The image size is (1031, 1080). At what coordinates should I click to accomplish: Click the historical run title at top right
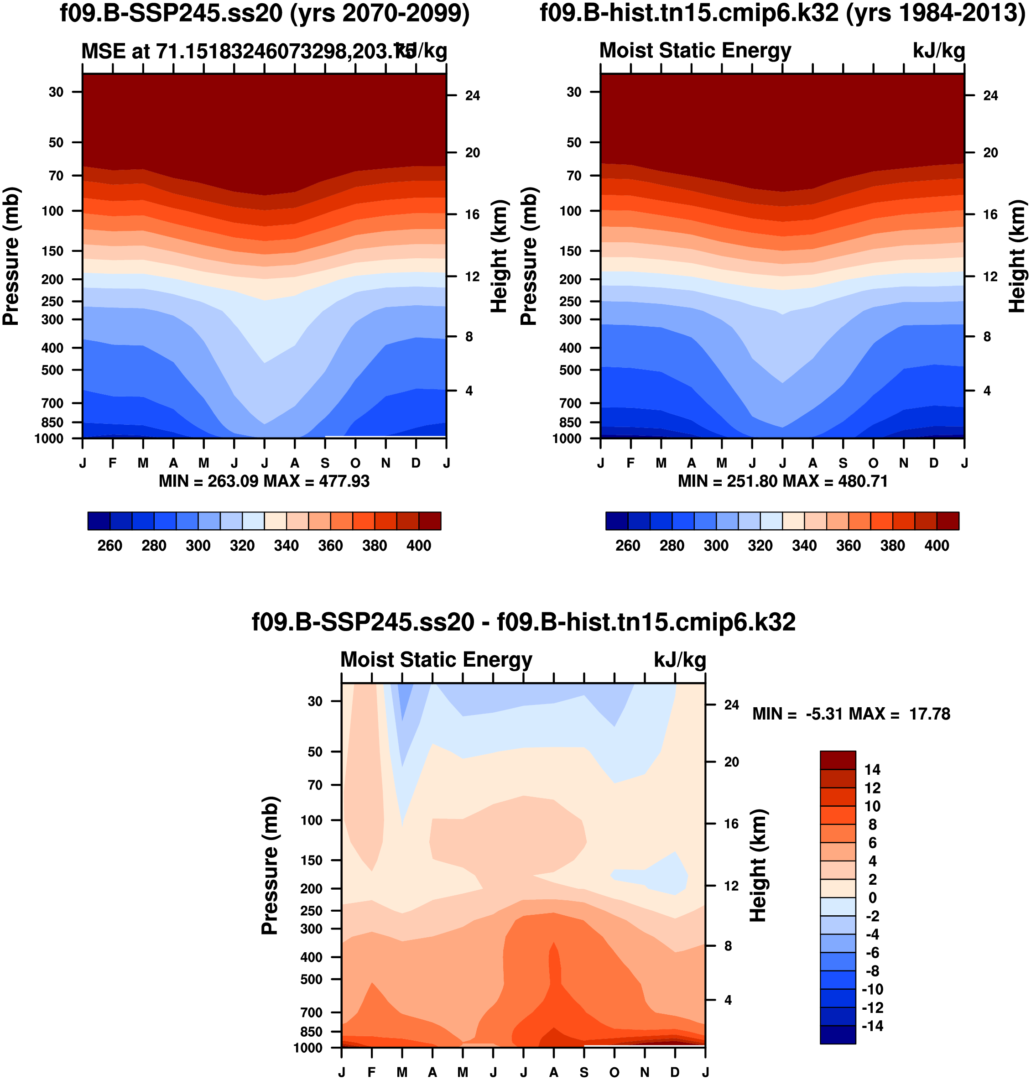(782, 13)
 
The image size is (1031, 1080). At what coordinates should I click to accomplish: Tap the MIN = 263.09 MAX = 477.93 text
(264, 481)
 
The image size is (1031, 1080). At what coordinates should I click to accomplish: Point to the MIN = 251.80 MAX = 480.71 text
(782, 481)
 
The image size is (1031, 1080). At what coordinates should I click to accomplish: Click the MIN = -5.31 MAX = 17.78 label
(851, 714)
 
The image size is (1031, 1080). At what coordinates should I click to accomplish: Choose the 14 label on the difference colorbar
(872, 769)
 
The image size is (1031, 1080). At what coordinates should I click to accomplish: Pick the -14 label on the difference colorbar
(872, 1026)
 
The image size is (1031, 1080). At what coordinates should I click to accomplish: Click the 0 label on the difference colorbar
(872, 897)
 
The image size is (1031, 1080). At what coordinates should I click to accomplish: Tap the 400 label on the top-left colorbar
(419, 546)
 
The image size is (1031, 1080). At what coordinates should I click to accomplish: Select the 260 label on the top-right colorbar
(628, 546)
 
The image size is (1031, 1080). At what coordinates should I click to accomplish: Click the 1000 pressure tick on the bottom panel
(308, 1048)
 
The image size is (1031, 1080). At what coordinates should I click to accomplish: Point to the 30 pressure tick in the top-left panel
(56, 92)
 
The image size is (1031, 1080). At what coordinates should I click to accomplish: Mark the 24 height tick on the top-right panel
(990, 96)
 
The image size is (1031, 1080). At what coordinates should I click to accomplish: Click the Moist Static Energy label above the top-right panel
(695, 51)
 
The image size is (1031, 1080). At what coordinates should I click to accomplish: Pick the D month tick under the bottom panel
(675, 1072)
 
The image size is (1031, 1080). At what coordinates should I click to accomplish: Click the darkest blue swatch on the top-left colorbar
(99, 521)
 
